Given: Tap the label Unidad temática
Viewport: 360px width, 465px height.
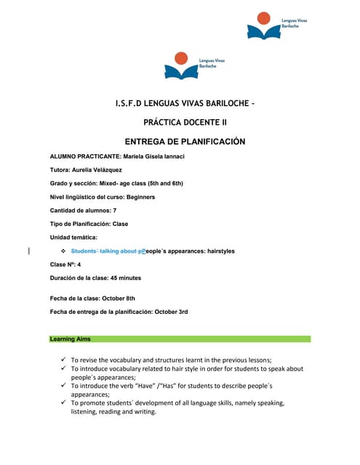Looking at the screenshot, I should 73,238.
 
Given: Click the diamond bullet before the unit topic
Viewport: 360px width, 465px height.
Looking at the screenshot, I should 63,251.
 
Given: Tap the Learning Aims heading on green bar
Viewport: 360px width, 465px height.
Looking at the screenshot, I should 71,339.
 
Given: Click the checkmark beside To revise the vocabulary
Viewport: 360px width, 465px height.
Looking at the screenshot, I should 64,360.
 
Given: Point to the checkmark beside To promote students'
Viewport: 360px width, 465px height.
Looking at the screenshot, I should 64,403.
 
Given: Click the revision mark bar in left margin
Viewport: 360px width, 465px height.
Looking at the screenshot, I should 28,251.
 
